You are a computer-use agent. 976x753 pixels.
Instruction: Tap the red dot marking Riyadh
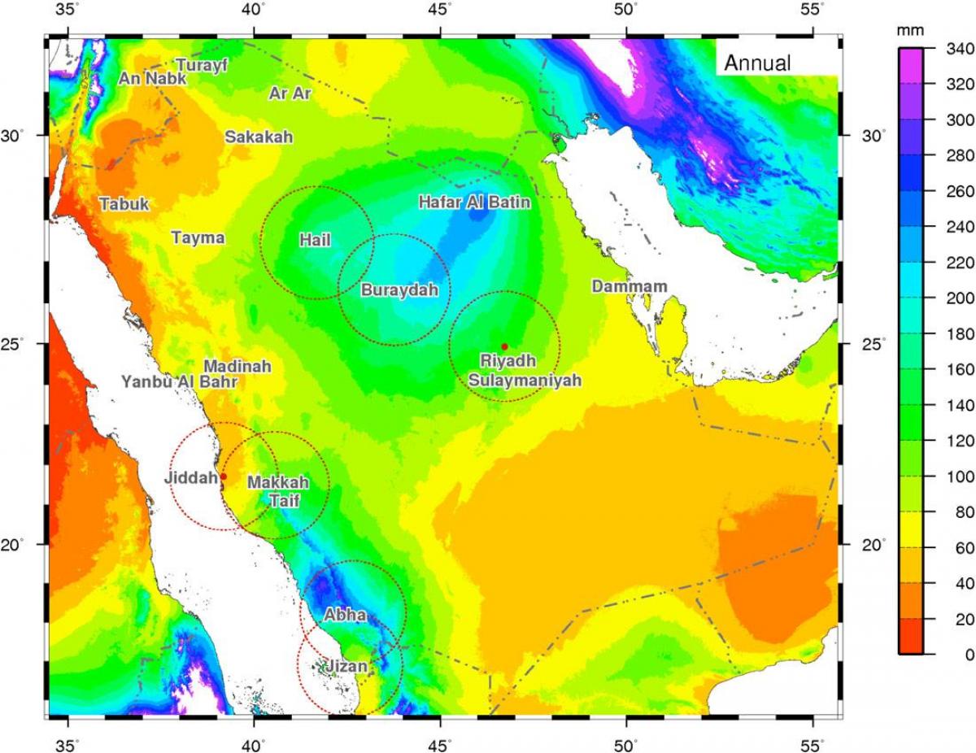pyautogui.click(x=504, y=347)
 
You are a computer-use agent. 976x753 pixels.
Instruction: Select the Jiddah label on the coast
pyautogui.click(x=191, y=478)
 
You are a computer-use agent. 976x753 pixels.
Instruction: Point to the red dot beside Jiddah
pyautogui.click(x=223, y=477)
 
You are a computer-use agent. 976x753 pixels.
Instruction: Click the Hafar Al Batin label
pyautogui.click(x=474, y=202)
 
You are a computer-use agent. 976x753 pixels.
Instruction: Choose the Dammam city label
pyautogui.click(x=629, y=286)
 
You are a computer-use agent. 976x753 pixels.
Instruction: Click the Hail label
pyautogui.click(x=315, y=240)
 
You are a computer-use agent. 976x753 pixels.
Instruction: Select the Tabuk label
pyautogui.click(x=124, y=205)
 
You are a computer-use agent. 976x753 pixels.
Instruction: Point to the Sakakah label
pyautogui.click(x=259, y=137)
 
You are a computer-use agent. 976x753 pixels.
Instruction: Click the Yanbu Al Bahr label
pyautogui.click(x=179, y=381)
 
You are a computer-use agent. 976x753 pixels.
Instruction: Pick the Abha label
pyautogui.click(x=345, y=616)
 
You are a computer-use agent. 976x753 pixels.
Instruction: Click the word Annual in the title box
pyautogui.click(x=756, y=63)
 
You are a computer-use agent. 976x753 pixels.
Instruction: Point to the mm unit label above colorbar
pyautogui.click(x=906, y=31)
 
